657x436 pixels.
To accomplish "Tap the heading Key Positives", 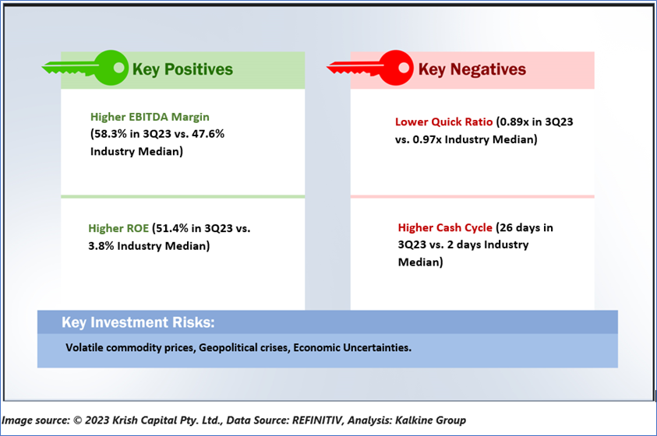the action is click(182, 69).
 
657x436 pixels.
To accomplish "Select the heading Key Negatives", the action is click(472, 69).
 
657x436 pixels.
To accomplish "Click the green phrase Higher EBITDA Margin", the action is click(150, 117).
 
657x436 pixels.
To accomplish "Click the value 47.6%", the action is click(208, 134).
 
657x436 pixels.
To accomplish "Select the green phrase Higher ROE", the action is click(118, 228).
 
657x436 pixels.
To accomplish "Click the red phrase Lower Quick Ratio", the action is click(443, 121).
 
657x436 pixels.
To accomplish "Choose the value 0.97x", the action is click(427, 139).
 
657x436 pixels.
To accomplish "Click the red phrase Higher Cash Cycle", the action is click(445, 227).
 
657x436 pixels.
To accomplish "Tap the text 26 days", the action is click(520, 227).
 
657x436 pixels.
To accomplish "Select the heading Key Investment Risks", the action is click(138, 322).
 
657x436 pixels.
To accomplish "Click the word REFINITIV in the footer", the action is click(316, 420).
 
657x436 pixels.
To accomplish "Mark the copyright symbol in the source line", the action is click(77, 420).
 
